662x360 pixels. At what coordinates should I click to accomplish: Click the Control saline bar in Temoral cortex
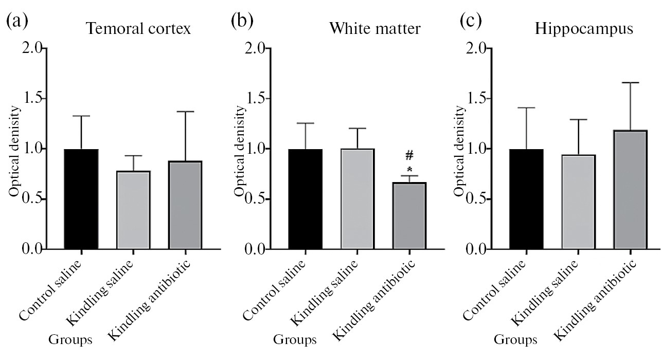pos(81,199)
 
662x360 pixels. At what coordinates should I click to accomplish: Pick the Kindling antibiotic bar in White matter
pos(409,216)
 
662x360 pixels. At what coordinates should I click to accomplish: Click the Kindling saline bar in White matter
pos(357,199)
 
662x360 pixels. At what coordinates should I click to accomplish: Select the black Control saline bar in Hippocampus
pos(526,199)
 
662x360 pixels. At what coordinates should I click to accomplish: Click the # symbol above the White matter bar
pos(409,156)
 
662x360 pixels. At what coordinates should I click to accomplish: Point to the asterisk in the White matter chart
pos(409,169)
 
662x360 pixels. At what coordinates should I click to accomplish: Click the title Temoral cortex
pos(138,29)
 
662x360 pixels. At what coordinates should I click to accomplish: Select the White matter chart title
pos(375,29)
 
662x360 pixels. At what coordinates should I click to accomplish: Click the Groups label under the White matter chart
pos(294,340)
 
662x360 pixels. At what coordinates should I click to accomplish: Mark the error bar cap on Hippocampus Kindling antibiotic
pos(629,82)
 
